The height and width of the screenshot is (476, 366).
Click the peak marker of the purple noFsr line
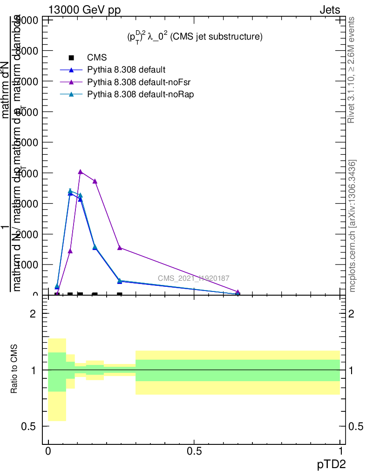pos(81,172)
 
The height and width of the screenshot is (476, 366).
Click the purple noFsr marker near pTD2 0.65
pos(238,292)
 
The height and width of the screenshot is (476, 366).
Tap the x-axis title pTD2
pos(332,463)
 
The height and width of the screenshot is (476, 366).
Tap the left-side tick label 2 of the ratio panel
pos(33,314)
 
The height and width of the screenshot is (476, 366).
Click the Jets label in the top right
pos(330,10)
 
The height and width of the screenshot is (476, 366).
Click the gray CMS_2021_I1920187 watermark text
pos(193,278)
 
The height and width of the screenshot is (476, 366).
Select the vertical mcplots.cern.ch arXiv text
pos(352,226)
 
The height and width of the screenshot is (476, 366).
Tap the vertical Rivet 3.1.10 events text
pos(352,70)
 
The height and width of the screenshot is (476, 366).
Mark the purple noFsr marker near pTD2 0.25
pos(120,248)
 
